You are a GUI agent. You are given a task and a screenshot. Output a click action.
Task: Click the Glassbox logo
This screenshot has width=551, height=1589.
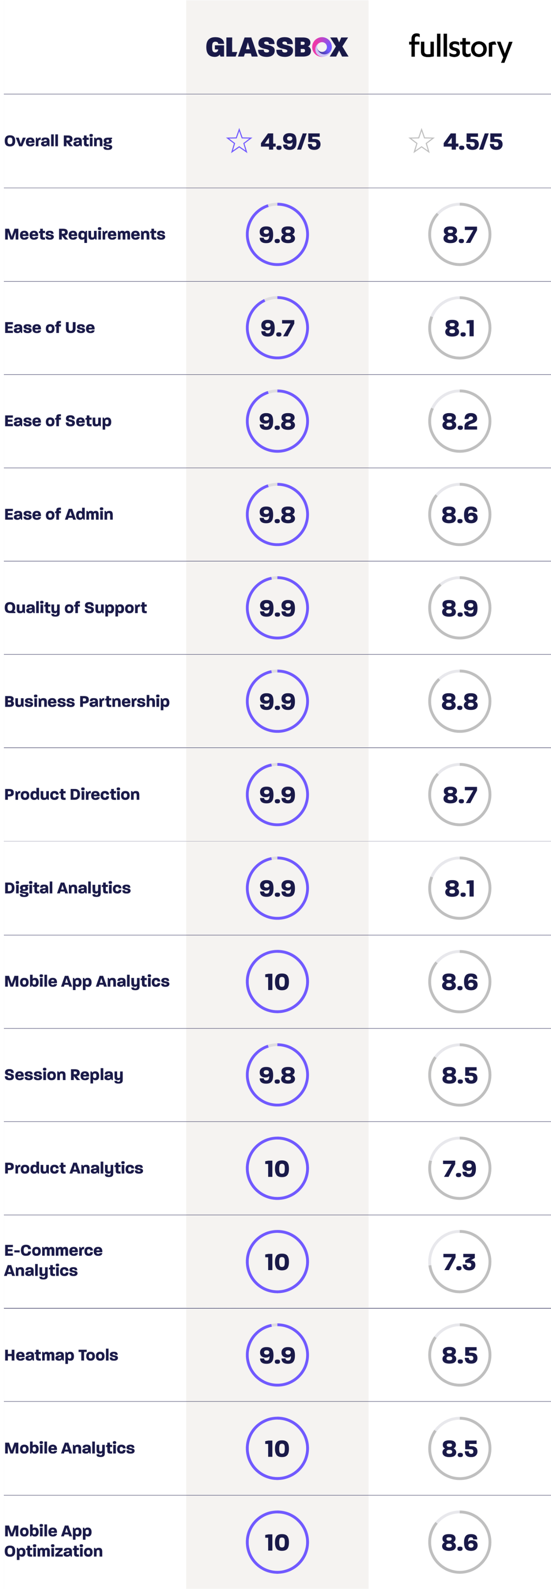277,47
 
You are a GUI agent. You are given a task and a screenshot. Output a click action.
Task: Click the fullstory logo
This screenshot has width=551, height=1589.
460,47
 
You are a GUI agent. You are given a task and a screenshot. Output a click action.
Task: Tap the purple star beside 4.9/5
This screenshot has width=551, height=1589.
239,141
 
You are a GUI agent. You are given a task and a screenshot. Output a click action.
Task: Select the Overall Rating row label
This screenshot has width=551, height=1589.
59,141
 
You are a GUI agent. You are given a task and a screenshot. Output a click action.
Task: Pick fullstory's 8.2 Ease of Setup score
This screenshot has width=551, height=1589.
460,421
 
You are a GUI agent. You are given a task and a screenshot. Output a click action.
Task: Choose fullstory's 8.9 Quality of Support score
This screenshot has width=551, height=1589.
460,608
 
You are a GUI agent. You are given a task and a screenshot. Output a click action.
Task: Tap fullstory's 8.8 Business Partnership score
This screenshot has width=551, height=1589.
460,702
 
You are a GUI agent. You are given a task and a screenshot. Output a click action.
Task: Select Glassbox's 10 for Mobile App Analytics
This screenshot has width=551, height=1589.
277,981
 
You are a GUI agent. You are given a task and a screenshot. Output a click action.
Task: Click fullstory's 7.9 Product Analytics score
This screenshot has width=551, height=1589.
460,1168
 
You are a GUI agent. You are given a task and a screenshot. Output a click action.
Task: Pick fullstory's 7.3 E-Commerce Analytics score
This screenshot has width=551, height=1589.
460,1262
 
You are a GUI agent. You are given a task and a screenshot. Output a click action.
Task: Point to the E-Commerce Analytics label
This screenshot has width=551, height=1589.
53,1260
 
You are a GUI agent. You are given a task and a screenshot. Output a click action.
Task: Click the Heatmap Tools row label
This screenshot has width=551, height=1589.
61,1355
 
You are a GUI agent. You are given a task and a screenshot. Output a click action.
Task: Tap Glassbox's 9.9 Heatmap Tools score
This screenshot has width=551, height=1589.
277,1355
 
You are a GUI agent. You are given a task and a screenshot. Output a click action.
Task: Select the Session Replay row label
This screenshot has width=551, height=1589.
64,1075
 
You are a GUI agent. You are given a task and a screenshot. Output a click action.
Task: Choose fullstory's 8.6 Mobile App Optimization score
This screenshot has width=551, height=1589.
460,1542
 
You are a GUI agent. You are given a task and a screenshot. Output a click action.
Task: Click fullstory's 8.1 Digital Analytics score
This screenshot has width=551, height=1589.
460,888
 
